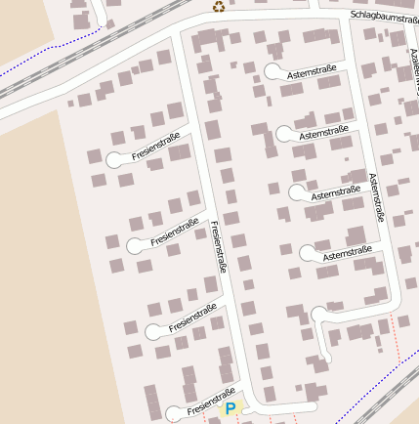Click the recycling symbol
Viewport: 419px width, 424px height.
tap(218, 7)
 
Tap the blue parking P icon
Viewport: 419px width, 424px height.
tap(230, 408)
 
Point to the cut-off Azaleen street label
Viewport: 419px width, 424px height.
tap(413, 68)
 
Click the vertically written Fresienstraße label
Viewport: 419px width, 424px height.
tap(219, 246)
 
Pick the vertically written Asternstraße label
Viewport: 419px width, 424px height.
tap(376, 198)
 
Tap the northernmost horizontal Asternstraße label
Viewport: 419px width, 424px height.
tap(312, 71)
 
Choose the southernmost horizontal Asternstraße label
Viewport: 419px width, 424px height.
tap(348, 255)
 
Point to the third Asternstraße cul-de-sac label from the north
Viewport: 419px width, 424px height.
tap(336, 192)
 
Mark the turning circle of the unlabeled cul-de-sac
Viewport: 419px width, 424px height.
tap(319, 315)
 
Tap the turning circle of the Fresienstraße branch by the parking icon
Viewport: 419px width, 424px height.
tap(174, 414)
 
